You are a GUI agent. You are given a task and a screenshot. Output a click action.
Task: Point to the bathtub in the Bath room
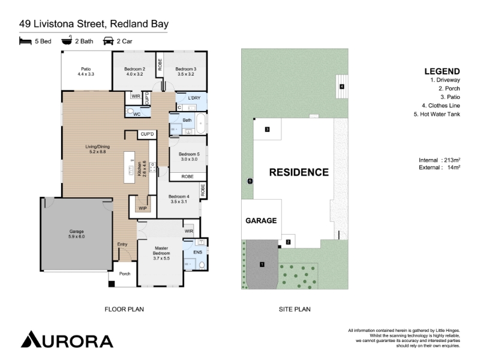click(200, 124)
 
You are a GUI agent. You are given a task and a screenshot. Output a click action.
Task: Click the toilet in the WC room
click(130, 111)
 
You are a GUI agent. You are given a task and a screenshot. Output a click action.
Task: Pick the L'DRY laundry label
click(194, 98)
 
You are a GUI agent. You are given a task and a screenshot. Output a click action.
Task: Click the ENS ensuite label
click(198, 252)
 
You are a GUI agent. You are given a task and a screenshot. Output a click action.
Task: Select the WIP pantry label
click(143, 208)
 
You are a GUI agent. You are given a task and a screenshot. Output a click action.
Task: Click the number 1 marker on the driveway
click(262, 264)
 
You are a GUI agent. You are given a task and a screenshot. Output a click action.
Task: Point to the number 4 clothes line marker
click(342, 86)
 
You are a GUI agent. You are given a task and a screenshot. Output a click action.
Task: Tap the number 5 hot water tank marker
click(250, 181)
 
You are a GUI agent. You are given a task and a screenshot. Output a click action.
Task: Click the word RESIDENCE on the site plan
click(299, 172)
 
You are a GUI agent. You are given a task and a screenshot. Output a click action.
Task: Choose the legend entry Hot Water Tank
click(437, 114)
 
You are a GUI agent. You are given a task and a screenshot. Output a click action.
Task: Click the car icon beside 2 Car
click(109, 41)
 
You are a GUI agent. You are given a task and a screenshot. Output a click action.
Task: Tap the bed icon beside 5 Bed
click(25, 41)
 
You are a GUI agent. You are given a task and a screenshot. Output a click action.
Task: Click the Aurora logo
click(67, 339)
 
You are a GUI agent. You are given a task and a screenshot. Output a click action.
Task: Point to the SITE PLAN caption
click(295, 310)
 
